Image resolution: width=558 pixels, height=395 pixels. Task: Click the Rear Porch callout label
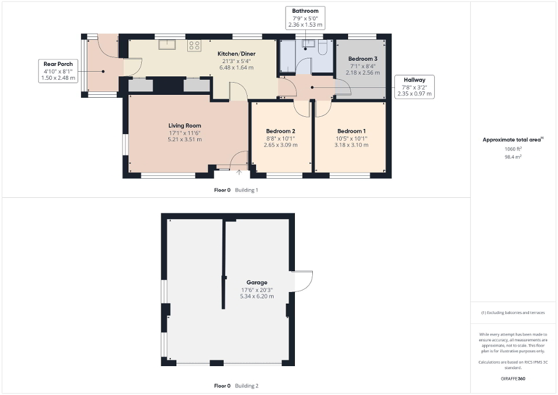point(58,71)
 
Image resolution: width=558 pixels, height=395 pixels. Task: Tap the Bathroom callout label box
point(305,18)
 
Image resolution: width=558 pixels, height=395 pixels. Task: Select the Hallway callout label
point(414,87)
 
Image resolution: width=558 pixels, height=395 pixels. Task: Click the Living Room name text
point(184,125)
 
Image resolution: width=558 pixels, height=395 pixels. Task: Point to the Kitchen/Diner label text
point(236,54)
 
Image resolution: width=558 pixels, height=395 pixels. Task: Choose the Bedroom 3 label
point(363,59)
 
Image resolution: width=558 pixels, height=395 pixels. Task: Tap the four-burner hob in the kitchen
point(194,46)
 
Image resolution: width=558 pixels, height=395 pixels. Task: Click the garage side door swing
point(302,281)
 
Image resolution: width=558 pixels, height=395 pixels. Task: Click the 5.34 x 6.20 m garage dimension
point(257,296)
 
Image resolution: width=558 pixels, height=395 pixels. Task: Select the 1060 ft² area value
point(513,149)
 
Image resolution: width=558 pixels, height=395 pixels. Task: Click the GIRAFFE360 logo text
point(513,379)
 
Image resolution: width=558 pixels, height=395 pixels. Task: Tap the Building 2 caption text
point(247,386)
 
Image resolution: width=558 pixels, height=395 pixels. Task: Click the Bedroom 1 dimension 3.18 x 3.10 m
point(352,145)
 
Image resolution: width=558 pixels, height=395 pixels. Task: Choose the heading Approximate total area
point(512,140)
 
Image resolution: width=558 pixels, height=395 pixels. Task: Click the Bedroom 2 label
point(280,131)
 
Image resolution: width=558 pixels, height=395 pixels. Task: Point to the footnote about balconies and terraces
point(513,313)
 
